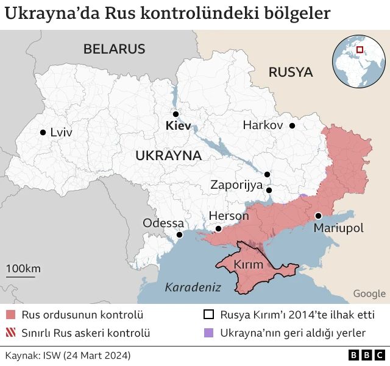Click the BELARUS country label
click(115, 49)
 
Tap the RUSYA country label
click(291, 72)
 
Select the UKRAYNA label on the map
click(168, 155)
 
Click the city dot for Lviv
click(43, 132)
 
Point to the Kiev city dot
click(175, 114)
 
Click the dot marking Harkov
click(292, 125)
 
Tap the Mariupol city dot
click(318, 216)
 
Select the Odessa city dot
click(179, 234)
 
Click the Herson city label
click(229, 216)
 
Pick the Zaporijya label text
click(236, 185)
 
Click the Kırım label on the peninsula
click(249, 264)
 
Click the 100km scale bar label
click(23, 269)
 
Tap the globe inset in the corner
click(358, 61)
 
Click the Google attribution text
click(369, 294)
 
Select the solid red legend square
click(10, 315)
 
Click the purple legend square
click(209, 333)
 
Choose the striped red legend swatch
click(10, 333)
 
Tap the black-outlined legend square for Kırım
click(209, 315)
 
